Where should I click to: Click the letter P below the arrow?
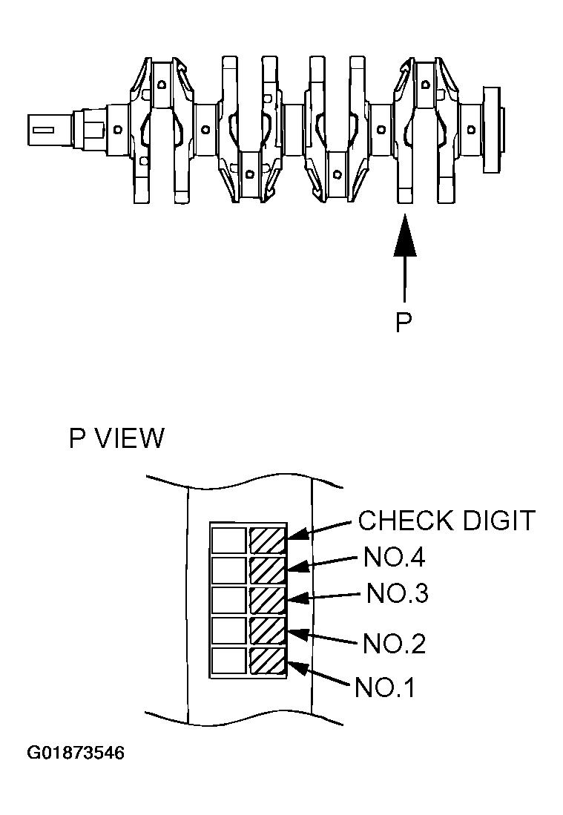point(404,323)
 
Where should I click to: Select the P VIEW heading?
point(116,438)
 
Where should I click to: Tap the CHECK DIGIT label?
point(446,521)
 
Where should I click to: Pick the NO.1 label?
point(385,687)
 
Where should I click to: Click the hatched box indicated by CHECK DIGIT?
point(267,539)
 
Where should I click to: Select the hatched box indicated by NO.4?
point(267,570)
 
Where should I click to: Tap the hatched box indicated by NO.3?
point(267,600)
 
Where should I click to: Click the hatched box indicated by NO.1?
point(267,661)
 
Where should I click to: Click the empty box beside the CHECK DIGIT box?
point(228,539)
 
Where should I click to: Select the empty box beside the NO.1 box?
point(228,661)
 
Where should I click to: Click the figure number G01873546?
point(76,753)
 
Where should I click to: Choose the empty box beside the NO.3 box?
point(228,600)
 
